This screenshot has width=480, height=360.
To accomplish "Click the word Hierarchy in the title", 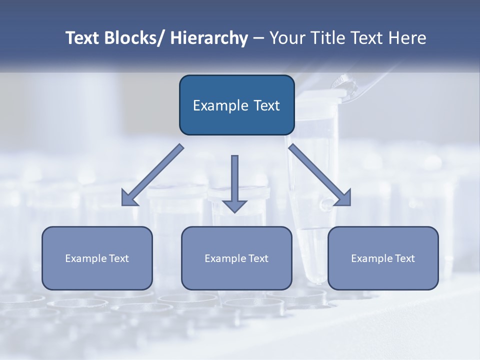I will (209, 38).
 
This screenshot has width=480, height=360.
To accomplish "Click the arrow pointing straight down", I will (235, 180).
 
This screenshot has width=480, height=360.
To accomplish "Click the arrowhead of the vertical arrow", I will (235, 205).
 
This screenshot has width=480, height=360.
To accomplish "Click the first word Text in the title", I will (83, 38).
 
